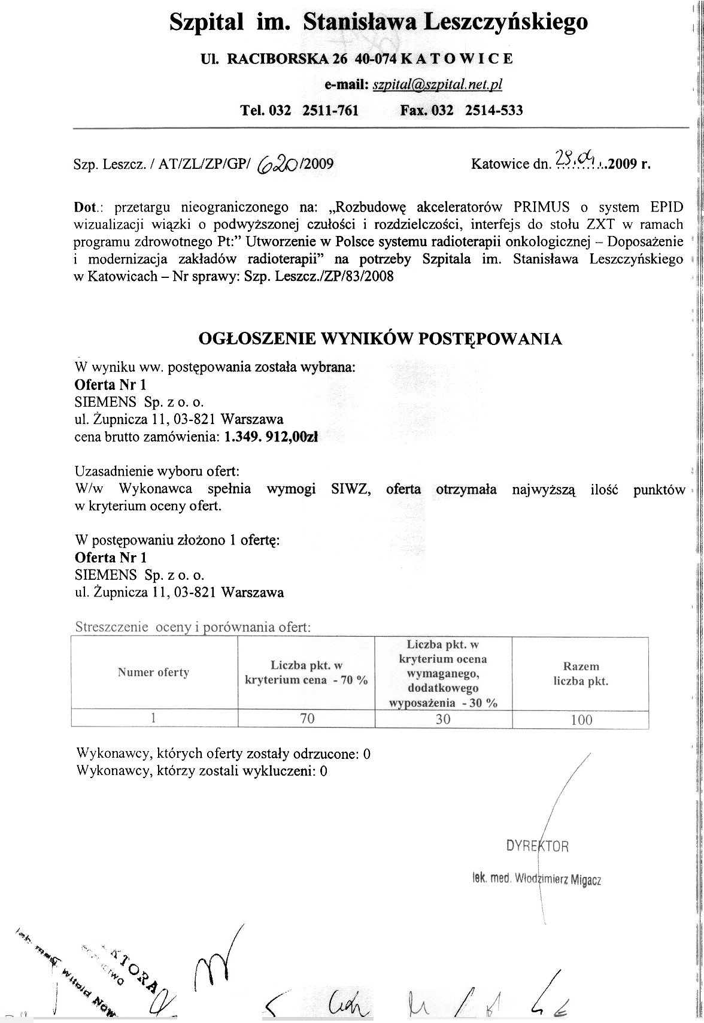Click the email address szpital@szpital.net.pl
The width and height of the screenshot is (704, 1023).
[437, 85]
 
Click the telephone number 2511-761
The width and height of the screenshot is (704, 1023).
[330, 111]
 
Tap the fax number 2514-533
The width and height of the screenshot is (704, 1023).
[494, 111]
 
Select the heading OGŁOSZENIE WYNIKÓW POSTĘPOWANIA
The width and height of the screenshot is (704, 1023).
[380, 339]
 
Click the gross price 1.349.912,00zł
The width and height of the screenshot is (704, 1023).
[271, 437]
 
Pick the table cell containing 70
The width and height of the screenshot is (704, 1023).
[307, 719]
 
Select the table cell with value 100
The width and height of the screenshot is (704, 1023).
[581, 719]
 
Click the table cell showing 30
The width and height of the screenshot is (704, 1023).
[443, 719]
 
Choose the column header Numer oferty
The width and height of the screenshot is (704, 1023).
[154, 673]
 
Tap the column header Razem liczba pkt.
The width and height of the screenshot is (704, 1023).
[581, 674]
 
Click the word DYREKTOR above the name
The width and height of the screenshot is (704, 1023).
[537, 846]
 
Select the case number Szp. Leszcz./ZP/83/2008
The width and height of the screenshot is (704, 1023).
[319, 277]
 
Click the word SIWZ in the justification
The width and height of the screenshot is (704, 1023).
[348, 489]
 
